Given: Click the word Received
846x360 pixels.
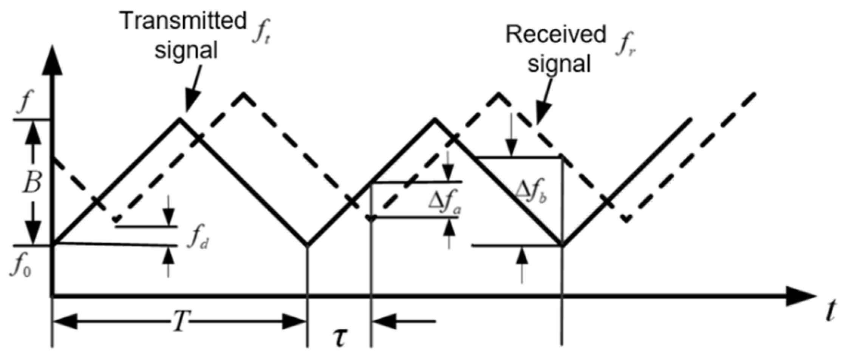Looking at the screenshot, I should [555, 35].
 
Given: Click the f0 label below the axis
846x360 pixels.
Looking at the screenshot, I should [21, 267].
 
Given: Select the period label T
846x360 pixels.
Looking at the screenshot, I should [180, 322].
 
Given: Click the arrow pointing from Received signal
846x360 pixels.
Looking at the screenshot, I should [544, 102].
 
